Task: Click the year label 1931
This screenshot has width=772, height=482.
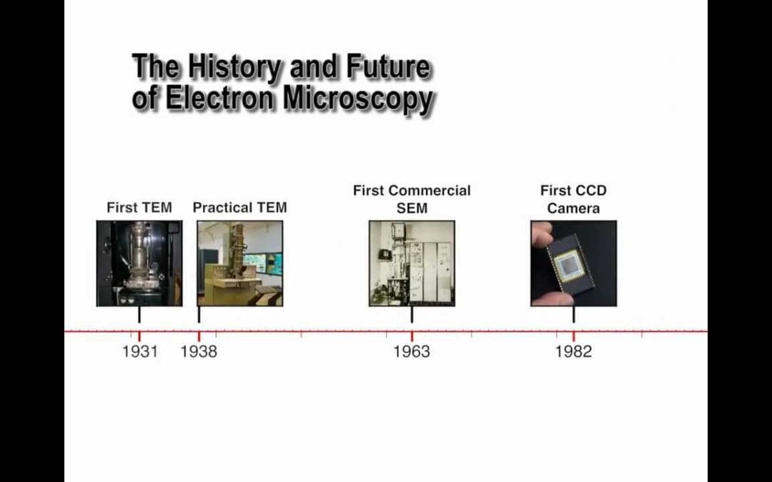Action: click(140, 351)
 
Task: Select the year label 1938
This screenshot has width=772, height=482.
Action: click(199, 351)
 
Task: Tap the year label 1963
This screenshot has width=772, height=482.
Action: click(412, 351)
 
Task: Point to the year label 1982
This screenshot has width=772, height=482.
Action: click(573, 351)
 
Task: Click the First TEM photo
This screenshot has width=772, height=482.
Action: click(139, 263)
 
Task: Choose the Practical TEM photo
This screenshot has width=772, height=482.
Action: click(239, 263)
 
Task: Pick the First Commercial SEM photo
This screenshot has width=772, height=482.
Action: click(412, 263)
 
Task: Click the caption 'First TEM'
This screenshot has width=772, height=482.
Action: click(139, 208)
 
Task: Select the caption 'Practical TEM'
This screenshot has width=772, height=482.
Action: click(239, 208)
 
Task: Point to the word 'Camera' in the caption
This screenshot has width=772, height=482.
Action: click(573, 208)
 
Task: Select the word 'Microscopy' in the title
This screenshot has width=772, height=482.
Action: click(358, 99)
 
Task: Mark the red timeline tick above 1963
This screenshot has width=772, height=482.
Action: click(412, 336)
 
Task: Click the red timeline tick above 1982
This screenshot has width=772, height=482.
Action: click(573, 336)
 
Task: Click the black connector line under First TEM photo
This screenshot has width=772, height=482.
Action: click(139, 315)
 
